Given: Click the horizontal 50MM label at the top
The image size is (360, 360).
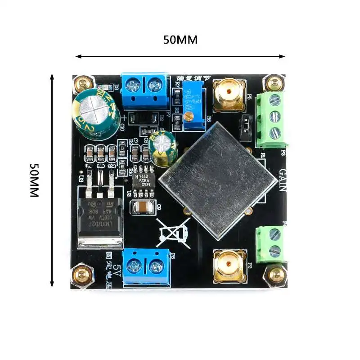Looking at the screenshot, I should point(180,40).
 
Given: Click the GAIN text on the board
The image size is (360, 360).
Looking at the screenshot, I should point(283,180).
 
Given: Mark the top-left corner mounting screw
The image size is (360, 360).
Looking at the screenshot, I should point(82,83).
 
